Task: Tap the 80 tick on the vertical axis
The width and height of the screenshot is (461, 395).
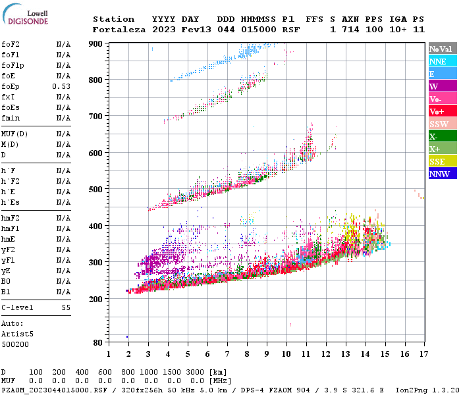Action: pos(97,343)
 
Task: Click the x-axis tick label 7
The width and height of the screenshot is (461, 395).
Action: pos(227,354)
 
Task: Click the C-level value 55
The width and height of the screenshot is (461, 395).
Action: pos(66,307)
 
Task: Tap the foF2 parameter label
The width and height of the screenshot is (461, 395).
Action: pos(10,44)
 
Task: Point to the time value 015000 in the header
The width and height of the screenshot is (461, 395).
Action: pos(258,30)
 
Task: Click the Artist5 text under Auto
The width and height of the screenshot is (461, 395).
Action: pos(16,334)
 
